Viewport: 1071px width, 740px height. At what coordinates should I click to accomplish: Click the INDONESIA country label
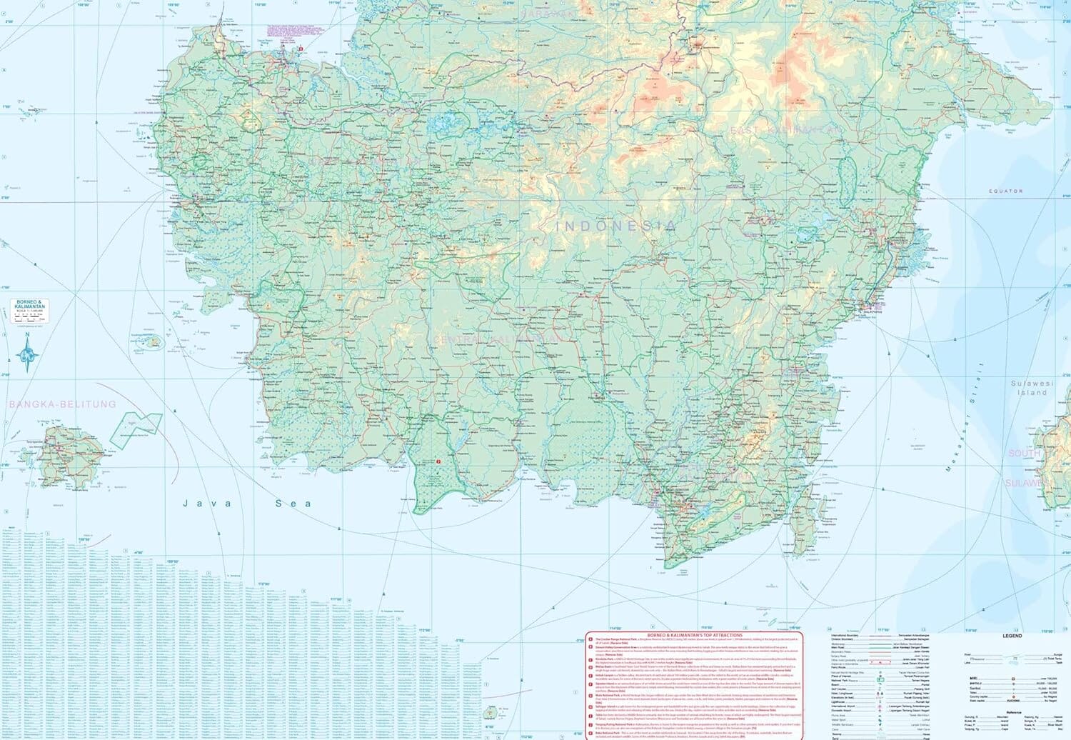click(615, 226)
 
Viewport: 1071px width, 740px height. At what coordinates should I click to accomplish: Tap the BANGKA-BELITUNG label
click(62, 404)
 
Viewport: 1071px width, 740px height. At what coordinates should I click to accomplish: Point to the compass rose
click(27, 354)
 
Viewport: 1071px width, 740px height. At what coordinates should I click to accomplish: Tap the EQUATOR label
click(1005, 191)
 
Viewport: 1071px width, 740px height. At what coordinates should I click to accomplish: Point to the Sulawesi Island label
click(1032, 388)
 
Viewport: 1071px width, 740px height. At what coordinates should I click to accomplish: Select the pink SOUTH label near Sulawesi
click(1024, 454)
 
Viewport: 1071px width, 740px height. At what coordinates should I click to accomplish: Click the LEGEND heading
click(1012, 636)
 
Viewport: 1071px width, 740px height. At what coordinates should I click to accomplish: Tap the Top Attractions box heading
click(694, 635)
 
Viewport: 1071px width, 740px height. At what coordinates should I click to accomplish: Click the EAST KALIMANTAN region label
click(785, 130)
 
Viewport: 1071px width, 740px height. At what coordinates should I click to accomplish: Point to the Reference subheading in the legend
click(1013, 712)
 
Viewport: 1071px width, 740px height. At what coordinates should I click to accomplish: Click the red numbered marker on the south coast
click(438, 461)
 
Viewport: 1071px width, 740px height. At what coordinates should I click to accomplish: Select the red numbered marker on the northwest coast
click(301, 49)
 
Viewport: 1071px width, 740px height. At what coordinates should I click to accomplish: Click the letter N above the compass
click(27, 334)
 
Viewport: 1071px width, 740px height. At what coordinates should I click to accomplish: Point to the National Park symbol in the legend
click(880, 681)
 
